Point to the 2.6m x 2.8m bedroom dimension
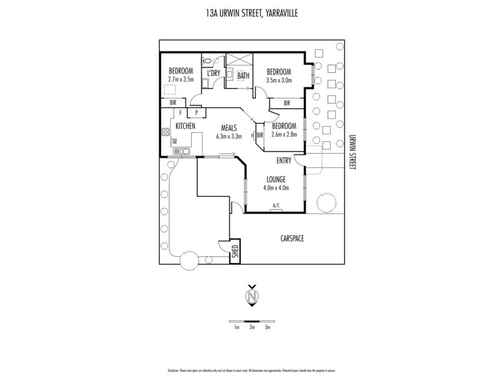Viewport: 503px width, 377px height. (x=283, y=134)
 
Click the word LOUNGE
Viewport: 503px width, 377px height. (x=275, y=178)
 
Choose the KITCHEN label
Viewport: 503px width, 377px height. (x=185, y=126)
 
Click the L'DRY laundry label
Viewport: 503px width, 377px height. (x=213, y=74)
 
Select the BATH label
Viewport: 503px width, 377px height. (x=243, y=76)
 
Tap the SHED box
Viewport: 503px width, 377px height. (x=236, y=253)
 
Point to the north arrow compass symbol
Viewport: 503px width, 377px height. (x=251, y=296)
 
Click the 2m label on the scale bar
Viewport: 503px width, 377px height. (x=251, y=327)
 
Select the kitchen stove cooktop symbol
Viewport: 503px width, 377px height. (x=166, y=133)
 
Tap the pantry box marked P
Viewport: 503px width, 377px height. (x=197, y=113)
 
